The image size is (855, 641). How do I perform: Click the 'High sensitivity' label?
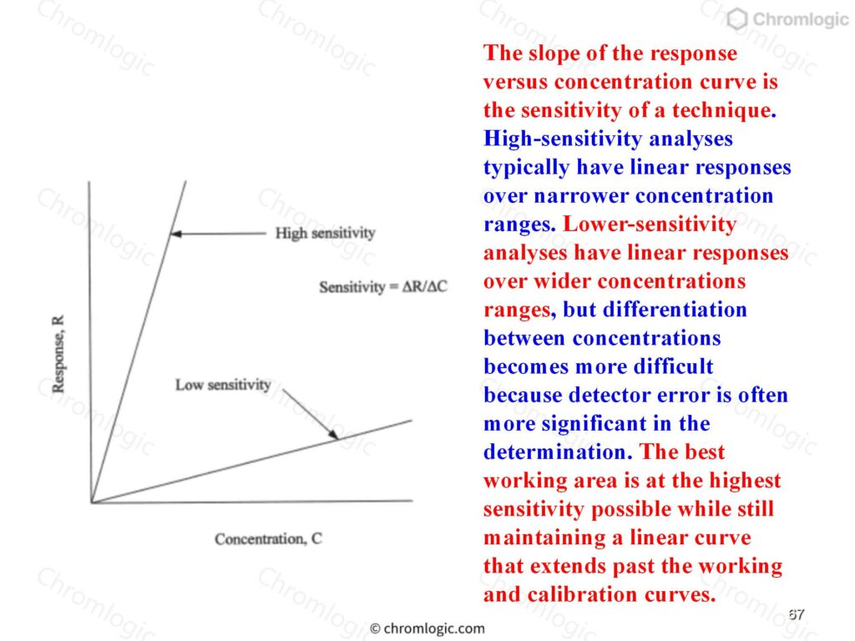coord(325,234)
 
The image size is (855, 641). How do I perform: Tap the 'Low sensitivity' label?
coord(223,385)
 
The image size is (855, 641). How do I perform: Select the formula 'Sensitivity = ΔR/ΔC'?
coord(382,287)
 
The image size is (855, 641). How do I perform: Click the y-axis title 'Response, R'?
coord(58,354)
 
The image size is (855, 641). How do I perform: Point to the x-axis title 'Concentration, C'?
coord(268,539)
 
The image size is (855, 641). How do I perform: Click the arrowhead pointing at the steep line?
coord(175,234)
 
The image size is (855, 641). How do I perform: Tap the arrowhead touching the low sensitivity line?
coord(333,434)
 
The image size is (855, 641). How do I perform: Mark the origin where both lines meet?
coord(92,502)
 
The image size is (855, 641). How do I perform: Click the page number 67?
coord(796,614)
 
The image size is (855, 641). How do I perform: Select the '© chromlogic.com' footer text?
coord(427,628)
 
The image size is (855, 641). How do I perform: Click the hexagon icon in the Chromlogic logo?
coord(737,19)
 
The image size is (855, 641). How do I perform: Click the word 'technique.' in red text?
coord(724,110)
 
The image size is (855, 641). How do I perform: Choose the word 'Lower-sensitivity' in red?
coord(650,224)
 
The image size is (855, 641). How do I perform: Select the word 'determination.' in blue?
coord(559,452)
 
